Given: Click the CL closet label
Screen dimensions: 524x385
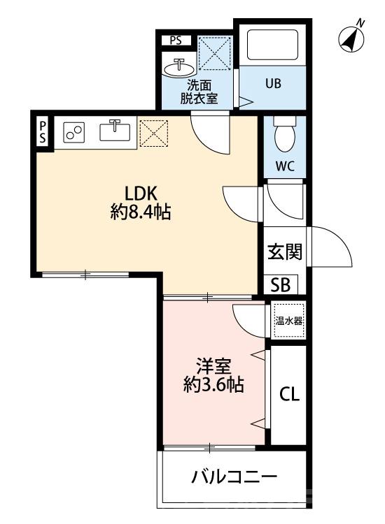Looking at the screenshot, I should click(x=289, y=394).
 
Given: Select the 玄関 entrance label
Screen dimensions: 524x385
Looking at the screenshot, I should click(x=285, y=252).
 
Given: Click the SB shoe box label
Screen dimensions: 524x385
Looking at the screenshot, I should click(x=281, y=284).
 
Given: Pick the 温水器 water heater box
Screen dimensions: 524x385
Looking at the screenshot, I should click(x=288, y=321).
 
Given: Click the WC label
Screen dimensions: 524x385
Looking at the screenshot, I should click(x=284, y=167).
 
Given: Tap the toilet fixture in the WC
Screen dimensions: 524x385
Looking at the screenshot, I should click(x=285, y=136).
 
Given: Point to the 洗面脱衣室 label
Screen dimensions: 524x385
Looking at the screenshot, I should click(x=199, y=92).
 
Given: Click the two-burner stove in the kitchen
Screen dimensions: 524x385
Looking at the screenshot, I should click(x=73, y=131).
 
